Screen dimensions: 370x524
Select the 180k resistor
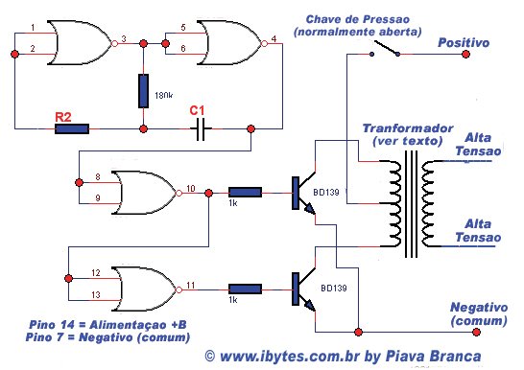pos(143,93)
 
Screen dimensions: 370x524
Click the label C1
pos(198,110)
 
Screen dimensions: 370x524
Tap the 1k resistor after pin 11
pos(245,287)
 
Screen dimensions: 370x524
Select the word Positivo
pos(464,43)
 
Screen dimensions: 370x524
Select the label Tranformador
pos(401,128)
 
